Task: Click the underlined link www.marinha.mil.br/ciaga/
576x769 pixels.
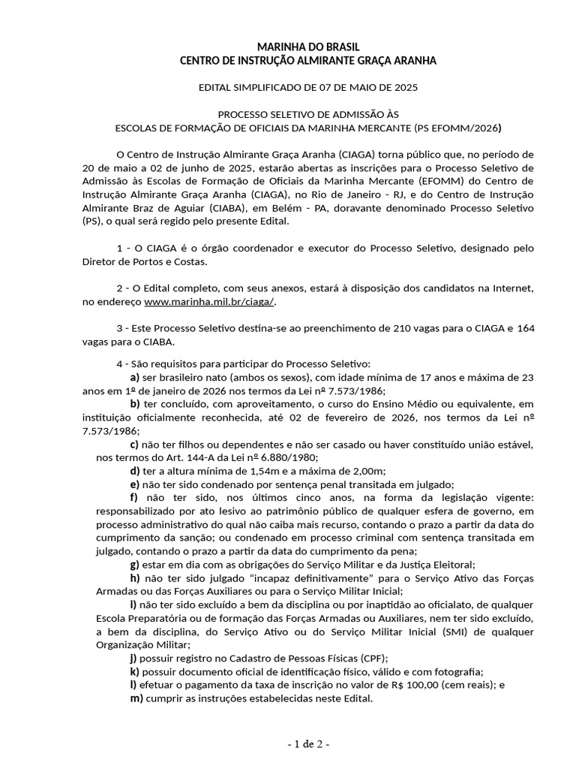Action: [210, 300]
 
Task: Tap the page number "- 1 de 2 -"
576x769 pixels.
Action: [308, 744]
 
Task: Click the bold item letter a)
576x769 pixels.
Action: [135, 376]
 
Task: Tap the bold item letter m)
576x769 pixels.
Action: [136, 698]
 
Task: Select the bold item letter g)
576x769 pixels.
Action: [135, 565]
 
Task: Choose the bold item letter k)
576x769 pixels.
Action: [135, 671]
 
